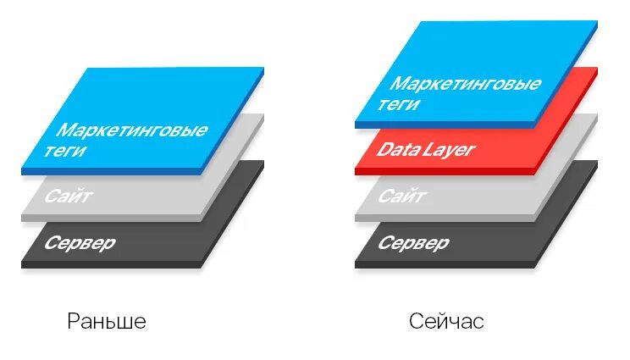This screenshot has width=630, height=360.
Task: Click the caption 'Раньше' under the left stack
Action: click(107, 322)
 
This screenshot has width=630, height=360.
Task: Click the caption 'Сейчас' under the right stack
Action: click(445, 322)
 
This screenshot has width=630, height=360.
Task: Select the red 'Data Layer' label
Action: click(426, 151)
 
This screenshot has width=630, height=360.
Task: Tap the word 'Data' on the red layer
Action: click(397, 151)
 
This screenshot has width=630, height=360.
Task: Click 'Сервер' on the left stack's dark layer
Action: click(81, 244)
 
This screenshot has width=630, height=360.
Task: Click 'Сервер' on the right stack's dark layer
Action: click(413, 244)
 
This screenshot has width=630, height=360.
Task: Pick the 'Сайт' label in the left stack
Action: click(69, 197)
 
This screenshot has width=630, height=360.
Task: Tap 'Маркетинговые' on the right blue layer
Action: click(465, 84)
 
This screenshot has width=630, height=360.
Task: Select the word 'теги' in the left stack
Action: click(73, 153)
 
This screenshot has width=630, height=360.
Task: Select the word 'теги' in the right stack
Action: click(405, 105)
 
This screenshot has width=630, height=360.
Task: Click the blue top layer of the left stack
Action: click(169, 102)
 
